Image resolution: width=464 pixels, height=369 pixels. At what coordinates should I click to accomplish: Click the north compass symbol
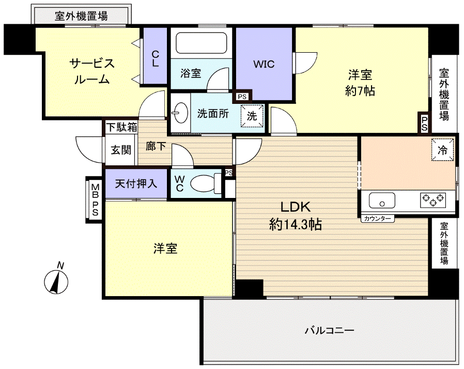(x=57, y=281)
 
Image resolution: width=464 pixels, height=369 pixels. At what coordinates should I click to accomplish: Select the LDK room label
(x=295, y=207)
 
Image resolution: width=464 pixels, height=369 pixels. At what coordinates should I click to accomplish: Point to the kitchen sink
(x=382, y=200)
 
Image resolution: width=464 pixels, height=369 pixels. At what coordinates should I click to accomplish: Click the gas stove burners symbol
(x=433, y=199)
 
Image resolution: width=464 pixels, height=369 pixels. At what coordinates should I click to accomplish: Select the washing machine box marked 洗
(x=252, y=116)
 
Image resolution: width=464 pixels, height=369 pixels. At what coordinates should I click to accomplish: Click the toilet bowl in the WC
(x=204, y=183)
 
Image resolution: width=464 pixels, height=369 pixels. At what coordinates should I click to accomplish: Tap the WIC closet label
(x=264, y=65)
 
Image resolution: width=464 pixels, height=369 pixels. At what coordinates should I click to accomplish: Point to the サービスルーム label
(x=91, y=71)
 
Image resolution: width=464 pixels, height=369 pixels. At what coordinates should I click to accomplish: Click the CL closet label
(x=155, y=57)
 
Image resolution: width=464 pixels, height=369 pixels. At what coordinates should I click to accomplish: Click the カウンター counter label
(x=377, y=219)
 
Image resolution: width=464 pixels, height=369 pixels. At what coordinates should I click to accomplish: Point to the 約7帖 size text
(x=360, y=91)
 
